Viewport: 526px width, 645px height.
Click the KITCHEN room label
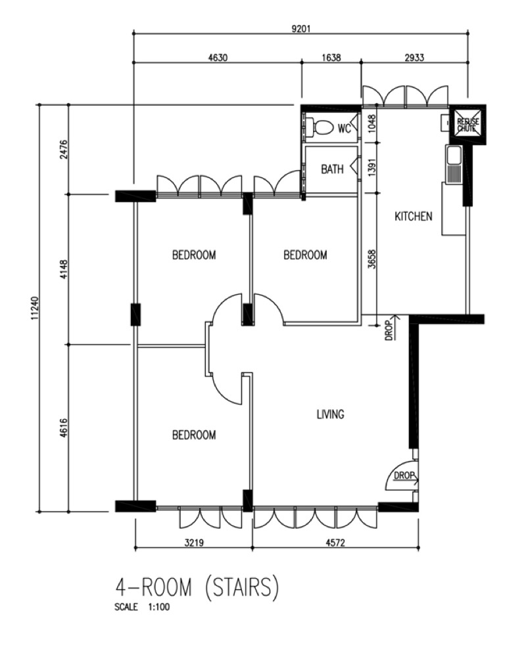[x=413, y=216]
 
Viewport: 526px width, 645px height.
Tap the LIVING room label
[x=330, y=414]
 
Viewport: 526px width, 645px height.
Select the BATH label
[x=332, y=169]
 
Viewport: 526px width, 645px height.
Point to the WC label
[x=345, y=129]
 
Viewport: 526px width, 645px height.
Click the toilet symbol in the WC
[x=321, y=127]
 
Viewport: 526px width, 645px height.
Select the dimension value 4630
[x=218, y=58]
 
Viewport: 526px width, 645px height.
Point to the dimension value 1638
[x=331, y=58]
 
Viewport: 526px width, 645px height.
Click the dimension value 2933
[x=414, y=58]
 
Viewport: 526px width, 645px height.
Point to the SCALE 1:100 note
[x=142, y=608]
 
